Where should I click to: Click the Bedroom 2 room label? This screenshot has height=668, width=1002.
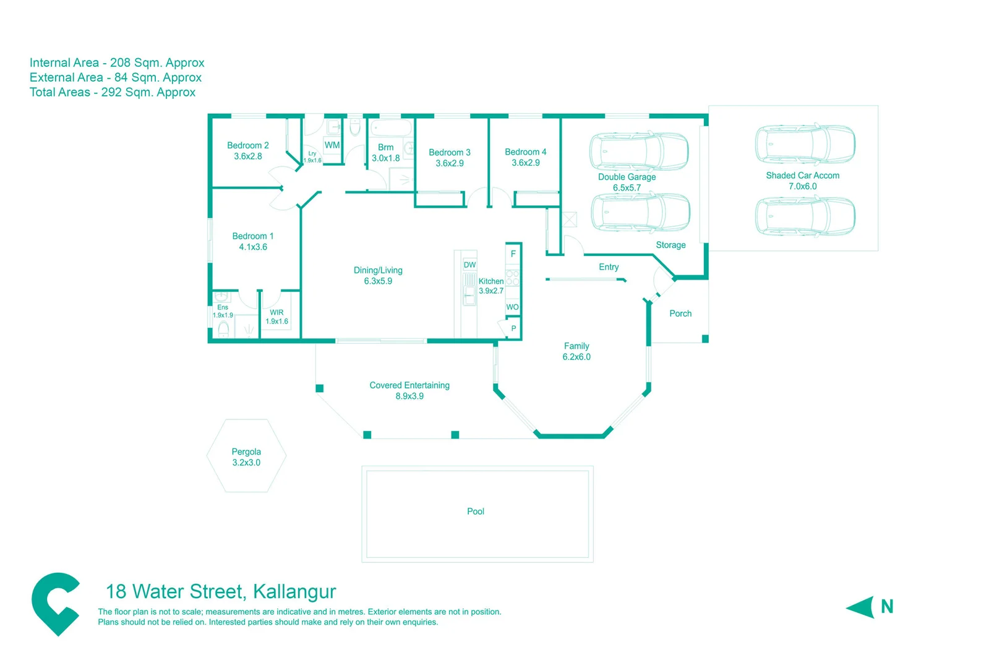[247, 145]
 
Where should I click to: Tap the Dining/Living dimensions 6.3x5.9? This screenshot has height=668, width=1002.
[378, 281]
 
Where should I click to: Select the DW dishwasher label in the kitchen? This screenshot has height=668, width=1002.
[469, 265]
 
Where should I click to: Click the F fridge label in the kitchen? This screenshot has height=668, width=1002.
[513, 254]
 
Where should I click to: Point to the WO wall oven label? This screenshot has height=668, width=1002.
[512, 307]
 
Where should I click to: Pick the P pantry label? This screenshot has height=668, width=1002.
[513, 328]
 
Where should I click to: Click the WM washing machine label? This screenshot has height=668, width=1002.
[332, 145]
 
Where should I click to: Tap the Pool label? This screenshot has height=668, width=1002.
[476, 512]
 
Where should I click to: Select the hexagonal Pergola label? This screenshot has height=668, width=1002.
[246, 452]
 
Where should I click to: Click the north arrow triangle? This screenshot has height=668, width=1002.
[860, 607]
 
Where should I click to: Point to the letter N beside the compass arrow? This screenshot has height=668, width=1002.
[887, 607]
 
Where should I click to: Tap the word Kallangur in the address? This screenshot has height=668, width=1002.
[294, 592]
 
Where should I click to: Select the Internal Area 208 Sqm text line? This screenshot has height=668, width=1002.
[117, 62]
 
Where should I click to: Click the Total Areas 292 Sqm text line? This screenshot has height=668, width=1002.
[113, 92]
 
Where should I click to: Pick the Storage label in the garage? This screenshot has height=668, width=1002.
[670, 245]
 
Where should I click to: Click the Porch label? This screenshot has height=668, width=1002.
[680, 314]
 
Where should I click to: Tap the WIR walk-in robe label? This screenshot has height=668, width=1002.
[276, 312]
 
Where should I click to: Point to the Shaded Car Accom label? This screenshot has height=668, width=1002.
[802, 176]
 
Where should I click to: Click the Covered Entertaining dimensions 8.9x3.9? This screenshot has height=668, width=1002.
[409, 396]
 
